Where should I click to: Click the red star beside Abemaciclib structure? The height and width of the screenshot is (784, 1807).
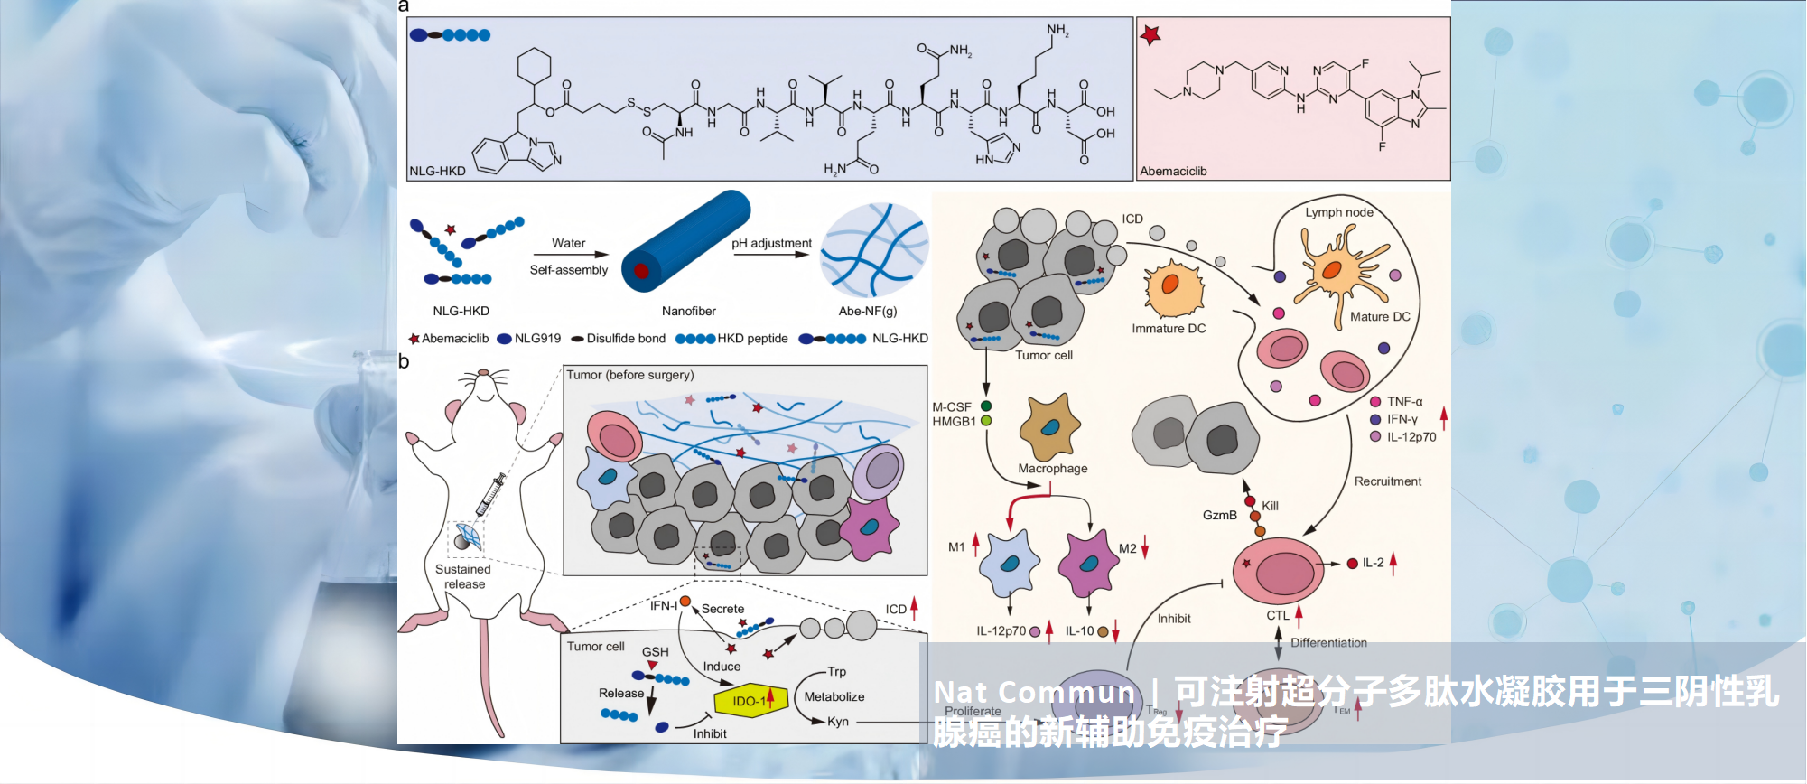coord(1150,35)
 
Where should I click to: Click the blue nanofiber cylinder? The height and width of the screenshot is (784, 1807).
coord(686,241)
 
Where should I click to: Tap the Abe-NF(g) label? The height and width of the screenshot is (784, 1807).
coord(867,311)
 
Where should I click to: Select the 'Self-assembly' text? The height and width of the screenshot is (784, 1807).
coord(568,269)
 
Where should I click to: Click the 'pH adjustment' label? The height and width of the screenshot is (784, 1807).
coord(771,243)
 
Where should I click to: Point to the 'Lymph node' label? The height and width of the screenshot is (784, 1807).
coord(1338,212)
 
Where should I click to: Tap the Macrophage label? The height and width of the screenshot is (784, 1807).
coord(1052,468)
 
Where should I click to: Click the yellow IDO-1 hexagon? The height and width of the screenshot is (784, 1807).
coord(749,701)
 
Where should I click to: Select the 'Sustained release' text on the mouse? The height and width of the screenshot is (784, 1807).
coord(464,576)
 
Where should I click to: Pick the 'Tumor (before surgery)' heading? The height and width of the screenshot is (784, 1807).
coord(629,375)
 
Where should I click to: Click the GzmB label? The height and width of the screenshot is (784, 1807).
coord(1219,515)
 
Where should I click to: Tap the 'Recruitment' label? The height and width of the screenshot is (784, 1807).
coord(1387,481)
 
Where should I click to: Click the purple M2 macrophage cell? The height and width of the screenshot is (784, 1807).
coord(1087,563)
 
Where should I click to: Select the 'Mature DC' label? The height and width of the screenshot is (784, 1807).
coord(1379,316)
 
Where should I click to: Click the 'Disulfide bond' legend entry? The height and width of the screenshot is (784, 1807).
coord(625,339)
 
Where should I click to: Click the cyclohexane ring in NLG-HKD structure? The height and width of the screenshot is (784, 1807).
coord(534,66)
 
